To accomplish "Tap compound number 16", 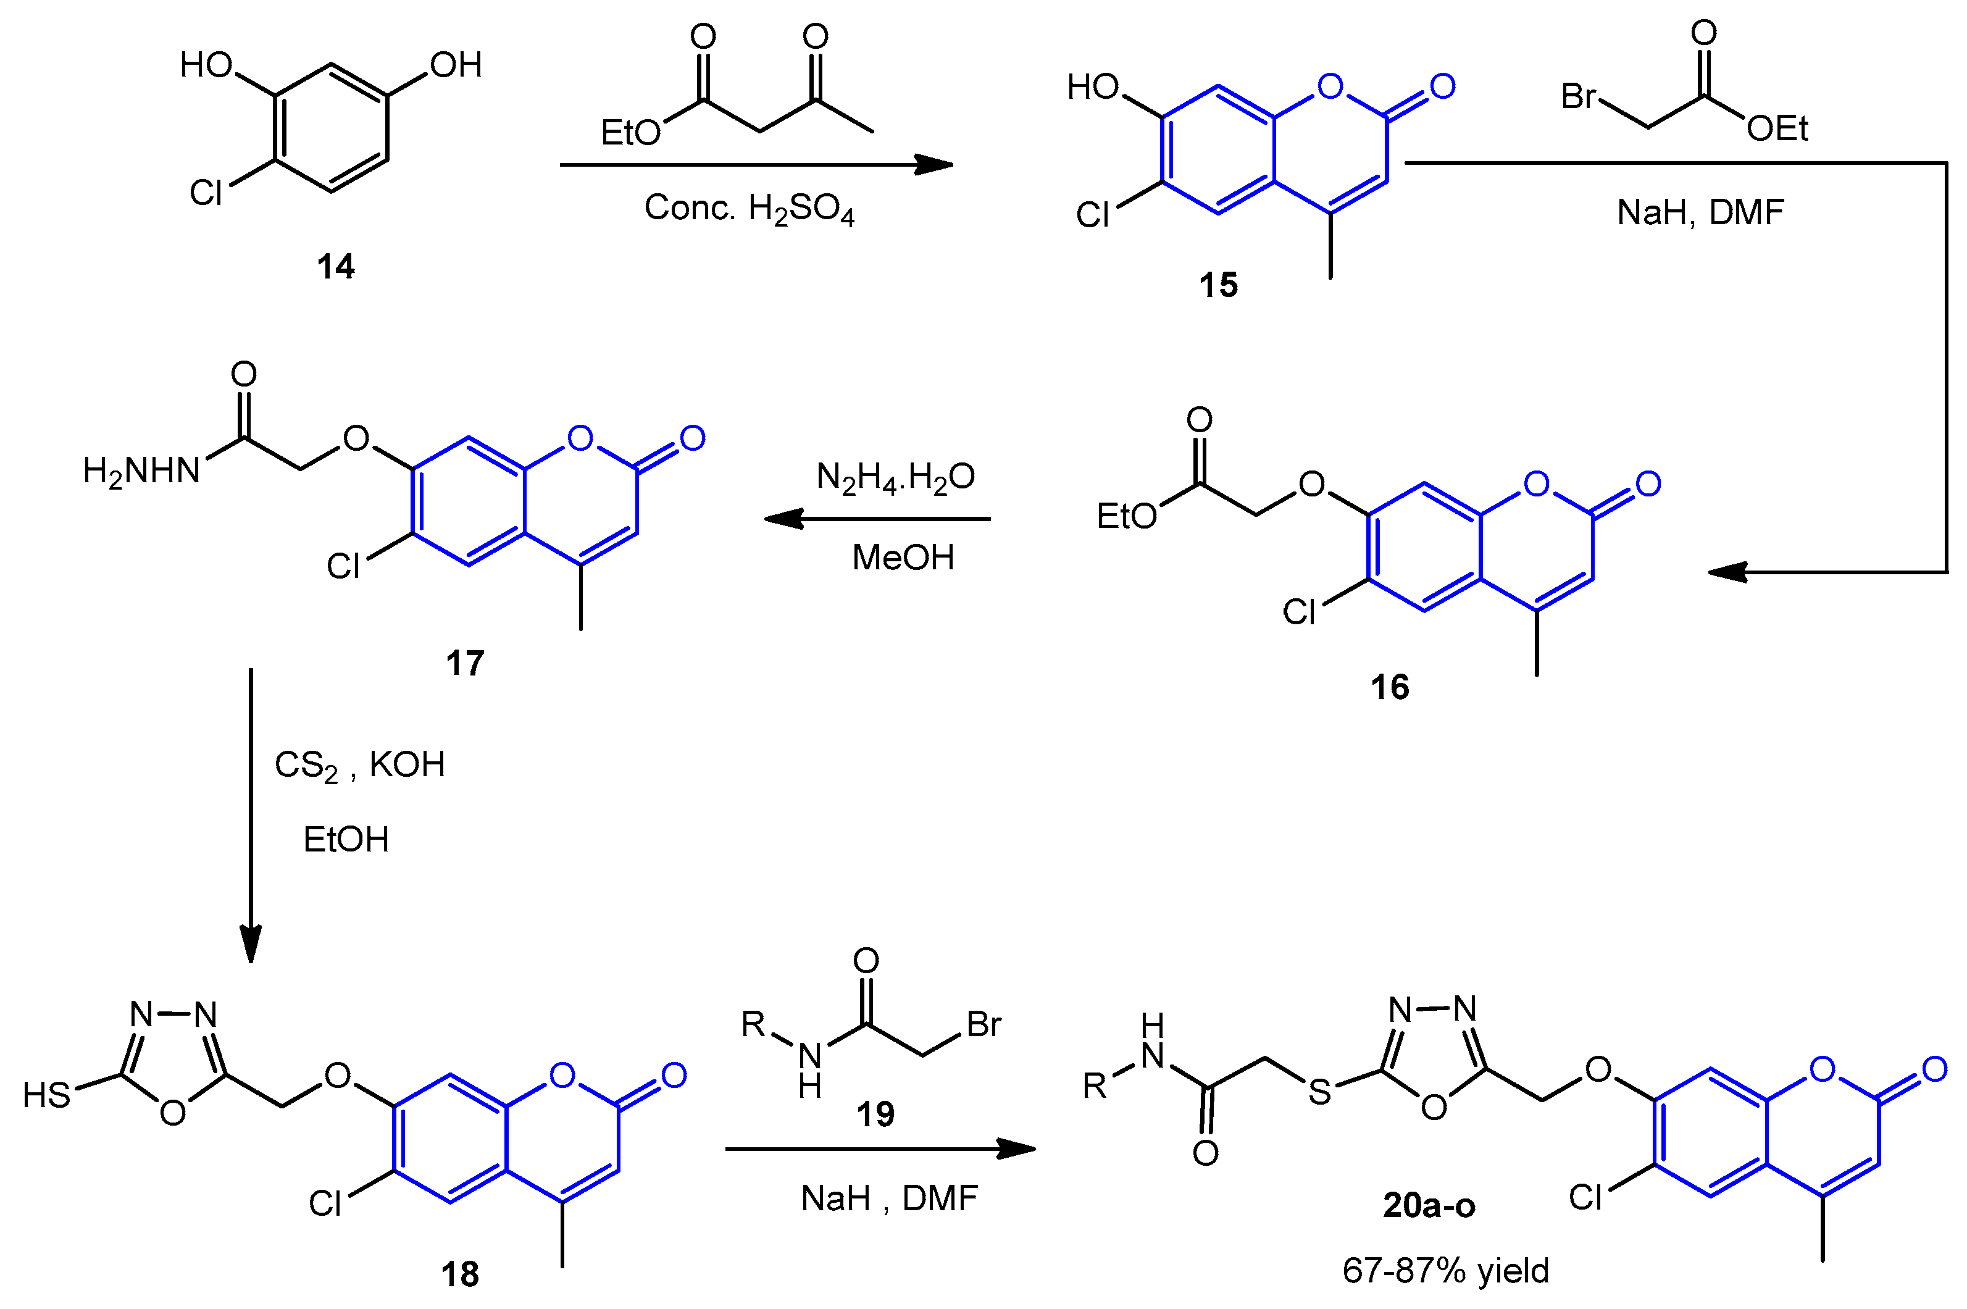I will coord(1390,687).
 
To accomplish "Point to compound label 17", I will coord(465,664).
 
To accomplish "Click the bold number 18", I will coord(460,1274).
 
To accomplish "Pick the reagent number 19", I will coord(875,1114).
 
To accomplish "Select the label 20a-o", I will coord(1429,1205).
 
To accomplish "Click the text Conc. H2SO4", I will coord(748,209).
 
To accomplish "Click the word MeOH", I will coord(903,558).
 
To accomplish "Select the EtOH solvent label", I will coord(346,840).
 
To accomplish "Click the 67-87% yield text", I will coord(1445,1271).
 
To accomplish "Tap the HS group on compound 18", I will coord(47,1095).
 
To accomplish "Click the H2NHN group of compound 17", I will coord(142,472).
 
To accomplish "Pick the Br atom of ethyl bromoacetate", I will coord(1579,97).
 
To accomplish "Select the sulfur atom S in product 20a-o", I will coord(1319,1092).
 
